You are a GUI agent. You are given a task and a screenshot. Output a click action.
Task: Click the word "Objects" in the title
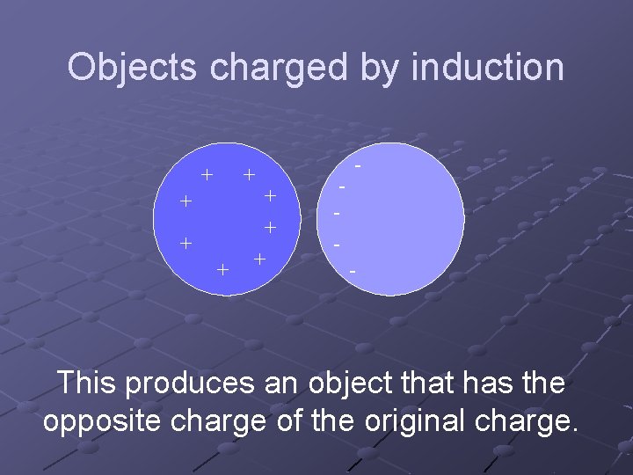(132, 68)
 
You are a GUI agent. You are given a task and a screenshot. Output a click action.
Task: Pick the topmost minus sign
(357, 164)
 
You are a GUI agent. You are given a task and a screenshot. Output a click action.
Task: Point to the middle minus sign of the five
(336, 213)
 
